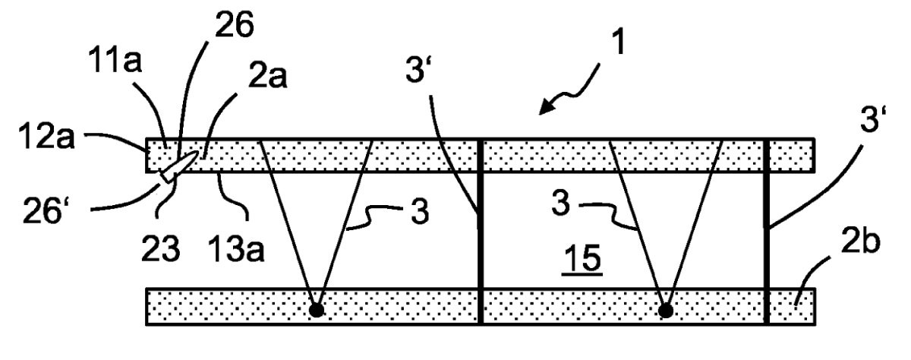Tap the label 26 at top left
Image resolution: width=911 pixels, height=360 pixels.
coord(235,24)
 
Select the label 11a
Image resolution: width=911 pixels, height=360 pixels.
coord(115,60)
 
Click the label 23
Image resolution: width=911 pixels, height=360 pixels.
coord(160,248)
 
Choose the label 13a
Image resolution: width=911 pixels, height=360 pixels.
coord(236,248)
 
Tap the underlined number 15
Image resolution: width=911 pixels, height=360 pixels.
coord(582,258)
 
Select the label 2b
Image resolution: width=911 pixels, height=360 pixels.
coord(860,242)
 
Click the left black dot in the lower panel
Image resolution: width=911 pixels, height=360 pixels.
coord(317,311)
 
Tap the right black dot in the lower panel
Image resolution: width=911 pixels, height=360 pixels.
coord(665,311)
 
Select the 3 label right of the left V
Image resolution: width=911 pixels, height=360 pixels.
coord(420,212)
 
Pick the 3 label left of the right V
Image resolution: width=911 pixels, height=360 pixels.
coord(561,204)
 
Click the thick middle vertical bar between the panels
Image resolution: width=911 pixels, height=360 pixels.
coord(481,232)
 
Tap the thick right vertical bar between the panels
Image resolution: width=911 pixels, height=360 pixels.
coord(767,232)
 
